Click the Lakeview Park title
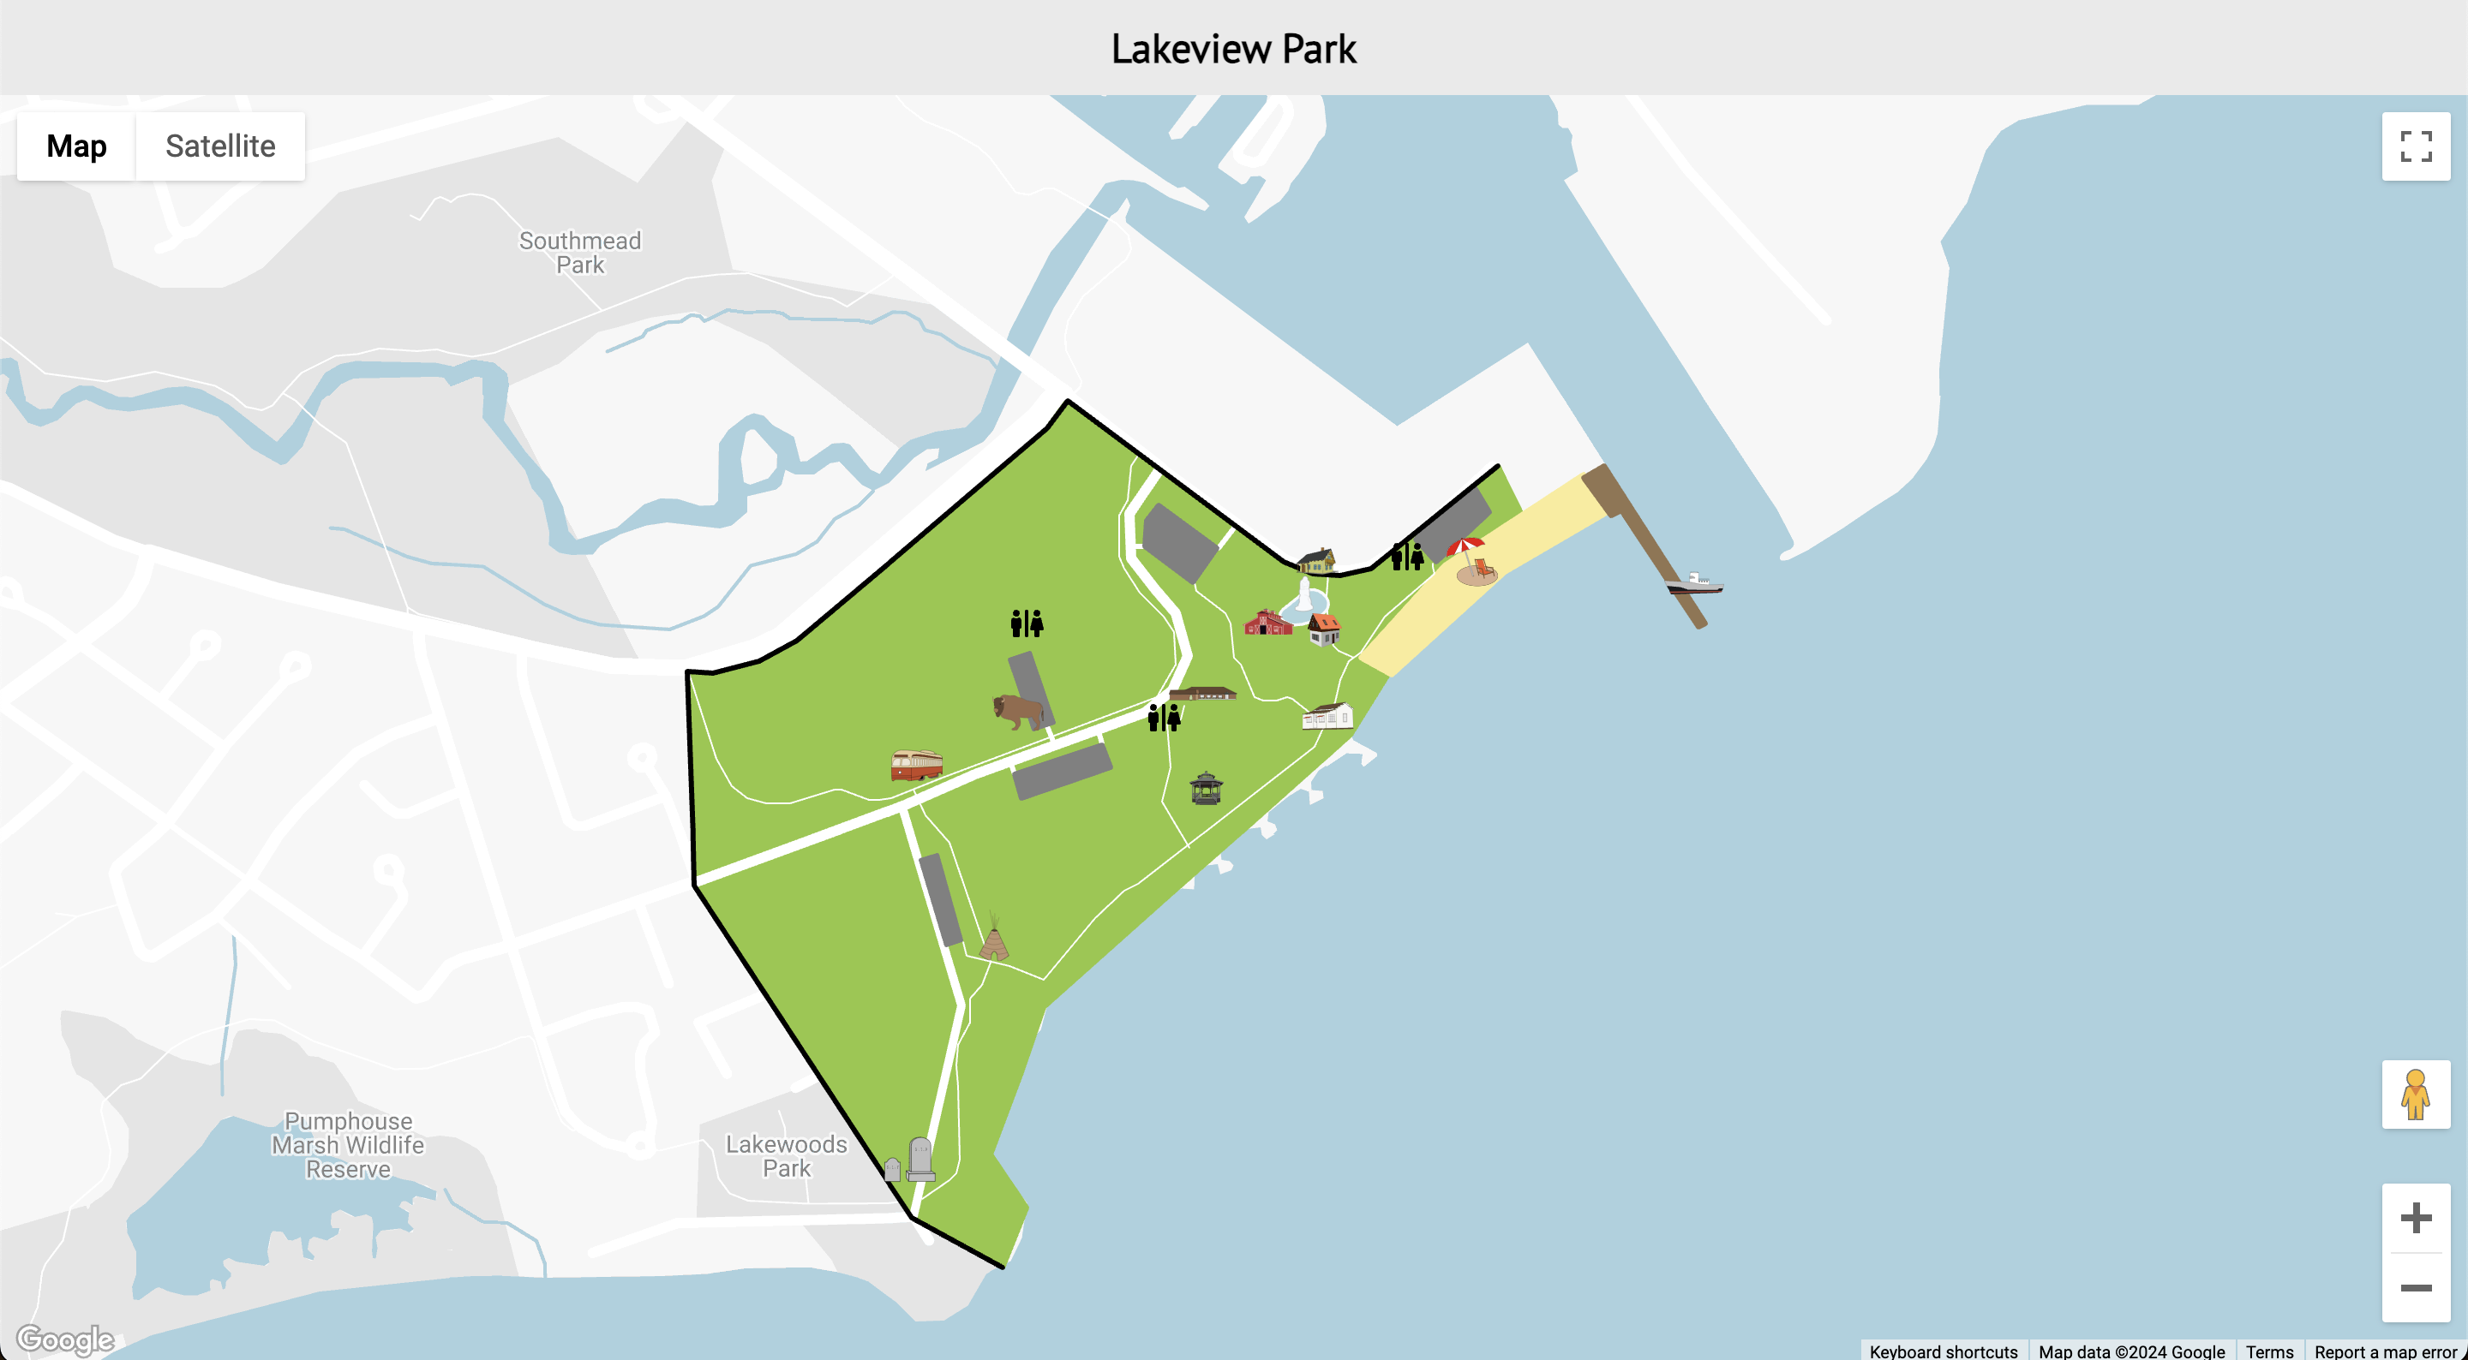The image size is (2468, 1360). (1233, 49)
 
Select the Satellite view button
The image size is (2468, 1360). (219, 146)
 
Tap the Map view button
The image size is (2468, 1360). (76, 146)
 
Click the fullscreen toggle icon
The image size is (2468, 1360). (2416, 146)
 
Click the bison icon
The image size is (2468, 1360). (1017, 711)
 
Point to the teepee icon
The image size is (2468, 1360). (994, 938)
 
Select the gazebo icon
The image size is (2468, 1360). (1205, 787)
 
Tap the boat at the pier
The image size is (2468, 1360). (1694, 582)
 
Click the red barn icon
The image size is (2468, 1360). (1267, 623)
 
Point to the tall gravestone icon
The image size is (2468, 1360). (920, 1159)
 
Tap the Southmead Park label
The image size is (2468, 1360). (579, 253)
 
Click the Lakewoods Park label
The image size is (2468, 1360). (786, 1156)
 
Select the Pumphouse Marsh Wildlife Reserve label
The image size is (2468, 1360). (348, 1144)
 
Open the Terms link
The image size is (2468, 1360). (2268, 1351)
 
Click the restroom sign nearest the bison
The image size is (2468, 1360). (1026, 623)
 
